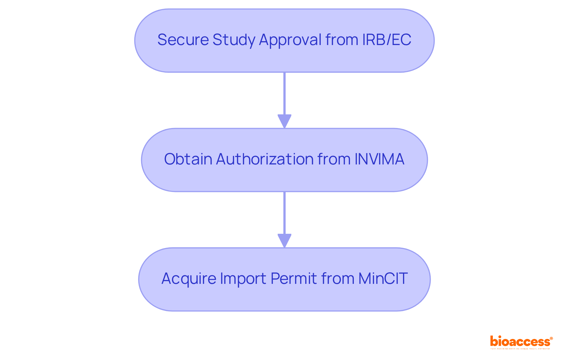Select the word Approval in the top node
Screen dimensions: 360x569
tap(290, 40)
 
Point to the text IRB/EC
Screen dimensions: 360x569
tap(386, 40)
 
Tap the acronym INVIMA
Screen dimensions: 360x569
tap(379, 159)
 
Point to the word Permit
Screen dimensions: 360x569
tap(294, 279)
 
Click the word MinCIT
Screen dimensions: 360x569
tap(383, 279)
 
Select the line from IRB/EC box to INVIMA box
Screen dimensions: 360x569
tap(284, 93)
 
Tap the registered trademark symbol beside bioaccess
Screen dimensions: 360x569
tap(551, 338)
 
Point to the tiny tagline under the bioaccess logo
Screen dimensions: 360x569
tap(520, 349)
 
